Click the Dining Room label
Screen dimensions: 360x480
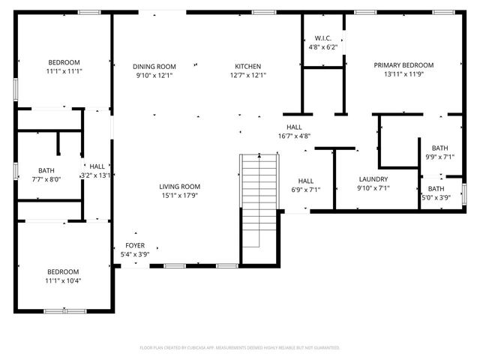(155, 66)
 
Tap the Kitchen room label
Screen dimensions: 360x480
(247, 66)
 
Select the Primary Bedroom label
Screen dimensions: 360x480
(403, 65)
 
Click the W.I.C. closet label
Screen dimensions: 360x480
(323, 38)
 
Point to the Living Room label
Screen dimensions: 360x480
(179, 187)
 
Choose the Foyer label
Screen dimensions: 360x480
(135, 245)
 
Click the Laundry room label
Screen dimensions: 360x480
(373, 179)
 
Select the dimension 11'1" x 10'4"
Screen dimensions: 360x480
(64, 280)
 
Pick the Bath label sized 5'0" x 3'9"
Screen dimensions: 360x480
(436, 188)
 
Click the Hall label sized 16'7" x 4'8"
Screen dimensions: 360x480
(293, 127)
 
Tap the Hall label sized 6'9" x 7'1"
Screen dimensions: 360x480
(306, 181)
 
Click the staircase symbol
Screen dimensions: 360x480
(259, 199)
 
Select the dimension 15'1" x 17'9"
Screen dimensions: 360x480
(179, 196)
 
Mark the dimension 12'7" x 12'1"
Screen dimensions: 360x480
(247, 75)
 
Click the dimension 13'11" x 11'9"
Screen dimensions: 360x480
(403, 74)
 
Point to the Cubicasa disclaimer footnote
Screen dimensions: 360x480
(240, 348)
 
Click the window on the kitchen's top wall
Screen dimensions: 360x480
(263, 12)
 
